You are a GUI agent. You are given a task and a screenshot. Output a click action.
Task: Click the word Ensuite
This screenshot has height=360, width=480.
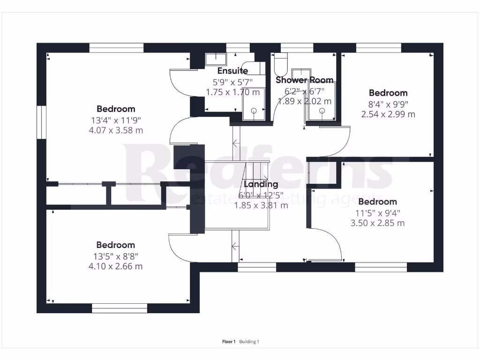point(232,71)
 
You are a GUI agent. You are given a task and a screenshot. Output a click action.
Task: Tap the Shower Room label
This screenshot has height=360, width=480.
point(304,80)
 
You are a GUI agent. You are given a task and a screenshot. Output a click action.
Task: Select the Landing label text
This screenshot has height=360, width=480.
point(261,184)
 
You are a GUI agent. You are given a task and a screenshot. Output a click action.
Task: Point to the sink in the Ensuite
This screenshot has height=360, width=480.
point(216,59)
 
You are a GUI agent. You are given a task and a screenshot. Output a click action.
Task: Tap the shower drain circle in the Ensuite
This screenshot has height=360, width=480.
point(254,111)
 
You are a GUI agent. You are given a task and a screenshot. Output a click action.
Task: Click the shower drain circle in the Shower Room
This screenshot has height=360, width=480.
point(322,111)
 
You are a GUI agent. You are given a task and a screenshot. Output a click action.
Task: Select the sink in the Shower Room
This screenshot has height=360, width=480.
point(299,74)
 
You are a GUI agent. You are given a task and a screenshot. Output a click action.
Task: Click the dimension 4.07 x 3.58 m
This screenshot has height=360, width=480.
point(116,130)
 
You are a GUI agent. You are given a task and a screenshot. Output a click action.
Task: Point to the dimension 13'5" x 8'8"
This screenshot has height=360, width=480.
point(116,256)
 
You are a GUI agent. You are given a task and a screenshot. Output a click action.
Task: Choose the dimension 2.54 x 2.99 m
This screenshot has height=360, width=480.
point(388,114)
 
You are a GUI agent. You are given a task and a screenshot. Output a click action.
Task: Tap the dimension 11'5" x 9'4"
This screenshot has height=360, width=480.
point(377,212)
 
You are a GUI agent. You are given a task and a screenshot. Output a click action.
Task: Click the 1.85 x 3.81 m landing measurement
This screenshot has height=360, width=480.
point(261,205)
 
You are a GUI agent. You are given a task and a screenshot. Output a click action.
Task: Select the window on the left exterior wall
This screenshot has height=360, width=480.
point(42,122)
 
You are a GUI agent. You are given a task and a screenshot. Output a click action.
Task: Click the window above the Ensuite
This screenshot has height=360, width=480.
point(238,47)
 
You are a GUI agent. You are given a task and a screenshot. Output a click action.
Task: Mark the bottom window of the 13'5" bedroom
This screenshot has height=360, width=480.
point(119,308)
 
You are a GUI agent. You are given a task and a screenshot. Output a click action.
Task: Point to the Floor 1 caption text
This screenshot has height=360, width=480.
point(229,342)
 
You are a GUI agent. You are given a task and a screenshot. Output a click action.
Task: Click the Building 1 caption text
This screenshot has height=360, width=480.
point(249,342)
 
